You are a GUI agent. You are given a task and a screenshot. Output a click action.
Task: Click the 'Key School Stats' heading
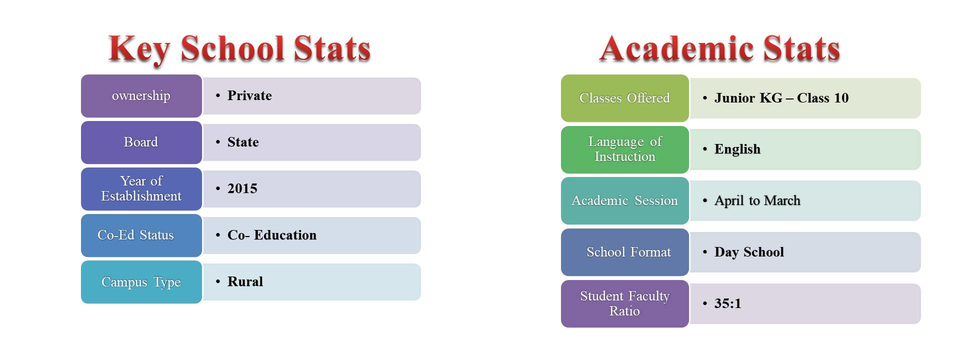click(239, 49)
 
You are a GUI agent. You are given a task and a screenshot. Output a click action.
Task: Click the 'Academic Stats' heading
click(719, 48)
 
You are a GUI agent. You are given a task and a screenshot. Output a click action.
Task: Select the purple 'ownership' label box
click(141, 96)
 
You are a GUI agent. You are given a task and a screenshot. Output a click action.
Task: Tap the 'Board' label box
click(141, 142)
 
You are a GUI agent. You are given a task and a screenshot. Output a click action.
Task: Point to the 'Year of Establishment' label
click(141, 189)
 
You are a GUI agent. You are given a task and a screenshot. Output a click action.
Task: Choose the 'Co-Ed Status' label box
click(141, 235)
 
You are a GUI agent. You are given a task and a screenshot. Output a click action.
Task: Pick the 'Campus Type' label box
click(141, 282)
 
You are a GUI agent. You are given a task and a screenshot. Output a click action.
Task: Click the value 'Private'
click(249, 95)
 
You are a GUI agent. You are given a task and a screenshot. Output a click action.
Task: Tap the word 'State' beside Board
click(243, 142)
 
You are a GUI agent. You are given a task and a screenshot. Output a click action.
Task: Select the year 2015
click(242, 188)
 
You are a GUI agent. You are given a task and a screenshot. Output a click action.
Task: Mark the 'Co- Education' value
click(272, 235)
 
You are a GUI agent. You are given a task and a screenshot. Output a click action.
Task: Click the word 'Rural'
click(245, 281)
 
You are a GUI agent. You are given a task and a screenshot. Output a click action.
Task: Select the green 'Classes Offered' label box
click(625, 98)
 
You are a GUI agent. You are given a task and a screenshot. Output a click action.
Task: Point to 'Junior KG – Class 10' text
click(781, 98)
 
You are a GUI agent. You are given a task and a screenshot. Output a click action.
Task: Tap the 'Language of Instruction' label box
click(625, 149)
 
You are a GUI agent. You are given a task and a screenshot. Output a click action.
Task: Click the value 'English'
click(737, 149)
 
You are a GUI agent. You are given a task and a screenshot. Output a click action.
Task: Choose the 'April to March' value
click(757, 200)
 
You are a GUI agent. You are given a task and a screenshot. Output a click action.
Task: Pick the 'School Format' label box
click(625, 252)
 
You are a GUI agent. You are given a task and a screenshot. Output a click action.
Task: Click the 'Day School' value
click(749, 252)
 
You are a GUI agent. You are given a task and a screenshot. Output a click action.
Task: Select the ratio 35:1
click(728, 303)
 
